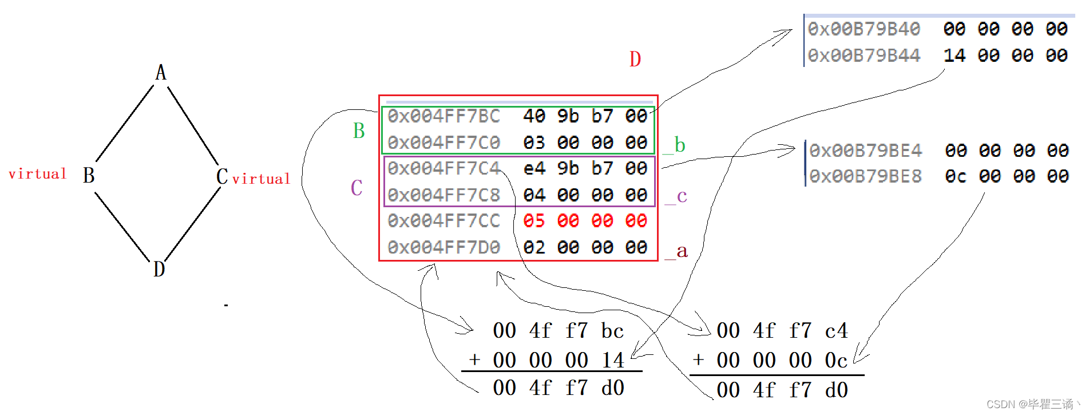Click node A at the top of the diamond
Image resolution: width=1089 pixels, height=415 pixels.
click(161, 73)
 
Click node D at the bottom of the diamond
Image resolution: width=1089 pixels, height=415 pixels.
click(159, 268)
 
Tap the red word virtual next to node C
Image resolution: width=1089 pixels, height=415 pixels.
click(261, 179)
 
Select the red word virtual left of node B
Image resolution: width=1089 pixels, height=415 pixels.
click(38, 174)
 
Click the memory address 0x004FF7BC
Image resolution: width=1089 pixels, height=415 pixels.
click(444, 116)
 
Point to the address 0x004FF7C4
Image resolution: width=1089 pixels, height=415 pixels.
click(444, 168)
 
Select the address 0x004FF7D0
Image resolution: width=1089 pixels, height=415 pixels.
click(444, 247)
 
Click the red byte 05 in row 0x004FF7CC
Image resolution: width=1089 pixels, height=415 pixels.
click(534, 221)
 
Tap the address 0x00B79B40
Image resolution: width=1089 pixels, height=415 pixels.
click(864, 29)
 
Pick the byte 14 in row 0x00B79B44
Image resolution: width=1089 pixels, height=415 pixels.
click(954, 56)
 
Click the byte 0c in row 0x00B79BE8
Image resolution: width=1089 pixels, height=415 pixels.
click(956, 176)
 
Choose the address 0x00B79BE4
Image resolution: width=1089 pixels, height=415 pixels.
click(866, 151)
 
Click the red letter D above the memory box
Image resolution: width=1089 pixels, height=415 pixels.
click(635, 59)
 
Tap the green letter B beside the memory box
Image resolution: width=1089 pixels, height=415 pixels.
click(359, 131)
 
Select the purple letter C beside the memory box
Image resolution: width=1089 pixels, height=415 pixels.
click(357, 188)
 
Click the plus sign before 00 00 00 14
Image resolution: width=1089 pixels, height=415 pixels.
click(474, 360)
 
